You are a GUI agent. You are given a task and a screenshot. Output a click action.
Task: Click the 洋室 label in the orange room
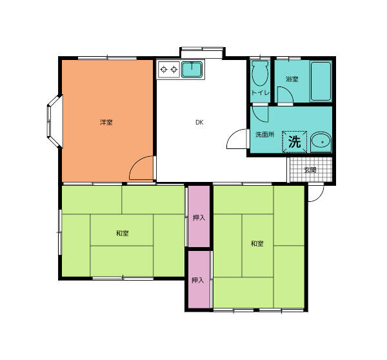(x=106, y=122)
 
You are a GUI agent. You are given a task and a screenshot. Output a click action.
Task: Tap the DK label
(x=200, y=122)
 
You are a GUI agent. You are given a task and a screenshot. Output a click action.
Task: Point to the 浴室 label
(x=292, y=79)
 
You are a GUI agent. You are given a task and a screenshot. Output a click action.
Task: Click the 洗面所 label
(x=264, y=135)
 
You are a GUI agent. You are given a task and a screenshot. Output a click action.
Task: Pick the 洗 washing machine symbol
(x=294, y=142)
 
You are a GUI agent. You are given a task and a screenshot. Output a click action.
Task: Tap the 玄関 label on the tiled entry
(x=311, y=170)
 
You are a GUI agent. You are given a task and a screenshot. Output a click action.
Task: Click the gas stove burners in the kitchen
(x=169, y=68)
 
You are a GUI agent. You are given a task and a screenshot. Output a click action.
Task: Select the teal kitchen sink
(x=192, y=70)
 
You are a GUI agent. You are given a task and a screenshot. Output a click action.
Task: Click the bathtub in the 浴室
(x=321, y=81)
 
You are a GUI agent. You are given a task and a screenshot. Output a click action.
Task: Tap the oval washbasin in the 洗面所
(x=319, y=142)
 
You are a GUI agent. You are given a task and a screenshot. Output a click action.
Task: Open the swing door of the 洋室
(x=141, y=169)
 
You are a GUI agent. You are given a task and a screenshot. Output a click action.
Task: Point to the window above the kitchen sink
(x=202, y=49)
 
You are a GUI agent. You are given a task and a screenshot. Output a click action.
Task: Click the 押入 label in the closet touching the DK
(x=199, y=217)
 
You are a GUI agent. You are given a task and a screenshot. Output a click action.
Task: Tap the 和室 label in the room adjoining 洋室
(x=122, y=233)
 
